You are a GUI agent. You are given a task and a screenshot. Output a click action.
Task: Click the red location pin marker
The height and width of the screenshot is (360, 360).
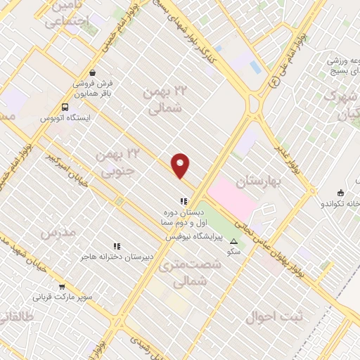(x=181, y=165)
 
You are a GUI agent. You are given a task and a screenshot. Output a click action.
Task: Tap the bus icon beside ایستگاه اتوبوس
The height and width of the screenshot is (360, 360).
(x=65, y=107)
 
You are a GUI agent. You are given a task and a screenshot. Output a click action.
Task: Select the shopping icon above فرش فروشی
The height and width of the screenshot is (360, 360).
(x=92, y=72)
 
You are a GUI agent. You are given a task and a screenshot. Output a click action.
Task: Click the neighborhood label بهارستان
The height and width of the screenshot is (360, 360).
(x=259, y=181)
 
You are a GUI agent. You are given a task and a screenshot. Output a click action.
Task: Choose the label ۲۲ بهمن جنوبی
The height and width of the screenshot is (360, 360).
(x=117, y=162)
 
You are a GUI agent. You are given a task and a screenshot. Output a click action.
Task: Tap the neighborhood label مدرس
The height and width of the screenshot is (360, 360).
(x=57, y=233)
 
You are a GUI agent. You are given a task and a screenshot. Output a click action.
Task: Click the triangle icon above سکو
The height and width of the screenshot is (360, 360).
(x=234, y=241)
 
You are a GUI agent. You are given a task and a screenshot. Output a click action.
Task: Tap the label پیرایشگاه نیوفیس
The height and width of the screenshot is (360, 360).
(x=194, y=237)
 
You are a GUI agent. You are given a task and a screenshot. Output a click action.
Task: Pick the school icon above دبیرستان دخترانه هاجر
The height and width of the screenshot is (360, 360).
(x=117, y=247)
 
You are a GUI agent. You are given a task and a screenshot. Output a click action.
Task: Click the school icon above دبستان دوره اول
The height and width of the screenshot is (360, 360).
(x=184, y=200)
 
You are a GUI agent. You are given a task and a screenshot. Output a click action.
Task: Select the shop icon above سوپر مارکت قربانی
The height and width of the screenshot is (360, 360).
(x=63, y=286)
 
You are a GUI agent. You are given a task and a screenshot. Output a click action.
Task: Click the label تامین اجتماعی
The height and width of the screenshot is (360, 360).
(x=69, y=15)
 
